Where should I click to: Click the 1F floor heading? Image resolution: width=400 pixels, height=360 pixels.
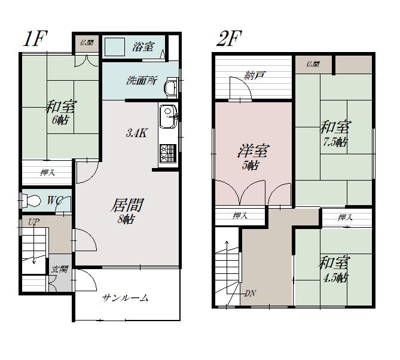click(x=35, y=38)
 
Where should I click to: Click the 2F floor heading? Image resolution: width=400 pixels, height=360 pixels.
click(x=229, y=38)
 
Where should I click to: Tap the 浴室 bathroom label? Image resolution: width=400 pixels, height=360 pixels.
click(x=143, y=47)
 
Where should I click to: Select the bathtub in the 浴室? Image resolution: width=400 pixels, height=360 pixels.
click(x=115, y=47)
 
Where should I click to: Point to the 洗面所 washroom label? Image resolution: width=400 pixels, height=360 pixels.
click(x=142, y=81)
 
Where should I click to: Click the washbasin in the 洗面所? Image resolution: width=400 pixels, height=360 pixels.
click(x=170, y=87)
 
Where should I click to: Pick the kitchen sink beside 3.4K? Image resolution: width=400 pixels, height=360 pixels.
click(x=168, y=117)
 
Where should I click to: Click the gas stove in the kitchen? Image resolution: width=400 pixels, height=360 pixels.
click(x=168, y=153)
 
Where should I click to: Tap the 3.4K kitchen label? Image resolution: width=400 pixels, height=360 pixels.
click(x=136, y=133)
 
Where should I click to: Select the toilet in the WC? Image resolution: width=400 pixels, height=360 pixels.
click(x=30, y=200)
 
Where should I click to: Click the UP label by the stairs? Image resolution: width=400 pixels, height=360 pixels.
click(x=33, y=222)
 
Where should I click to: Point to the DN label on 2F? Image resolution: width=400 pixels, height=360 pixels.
click(x=251, y=294)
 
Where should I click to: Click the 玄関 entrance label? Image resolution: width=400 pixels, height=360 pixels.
click(x=59, y=269)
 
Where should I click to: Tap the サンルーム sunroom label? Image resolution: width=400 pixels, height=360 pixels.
click(x=125, y=298)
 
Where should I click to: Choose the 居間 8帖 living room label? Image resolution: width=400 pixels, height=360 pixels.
click(x=127, y=210)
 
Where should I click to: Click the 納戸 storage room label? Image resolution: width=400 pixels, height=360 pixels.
click(x=254, y=75)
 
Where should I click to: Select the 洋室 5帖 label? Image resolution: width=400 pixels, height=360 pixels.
click(x=252, y=157)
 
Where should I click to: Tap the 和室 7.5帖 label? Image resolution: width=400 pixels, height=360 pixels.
click(x=335, y=134)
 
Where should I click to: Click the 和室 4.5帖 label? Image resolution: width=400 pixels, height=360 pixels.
click(x=334, y=270)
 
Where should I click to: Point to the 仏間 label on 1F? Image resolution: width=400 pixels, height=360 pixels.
click(x=87, y=42)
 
